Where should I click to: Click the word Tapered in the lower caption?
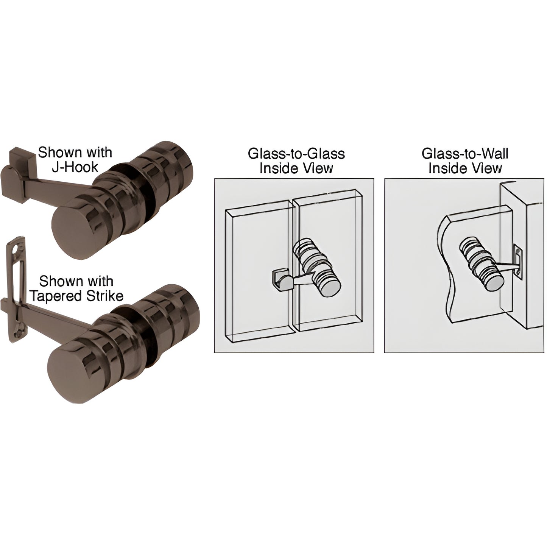click(56, 296)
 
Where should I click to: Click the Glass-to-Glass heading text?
click(296, 154)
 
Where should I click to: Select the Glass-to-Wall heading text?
click(465, 154)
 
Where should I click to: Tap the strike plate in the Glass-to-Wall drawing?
click(517, 260)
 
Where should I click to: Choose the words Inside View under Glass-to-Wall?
click(465, 168)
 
